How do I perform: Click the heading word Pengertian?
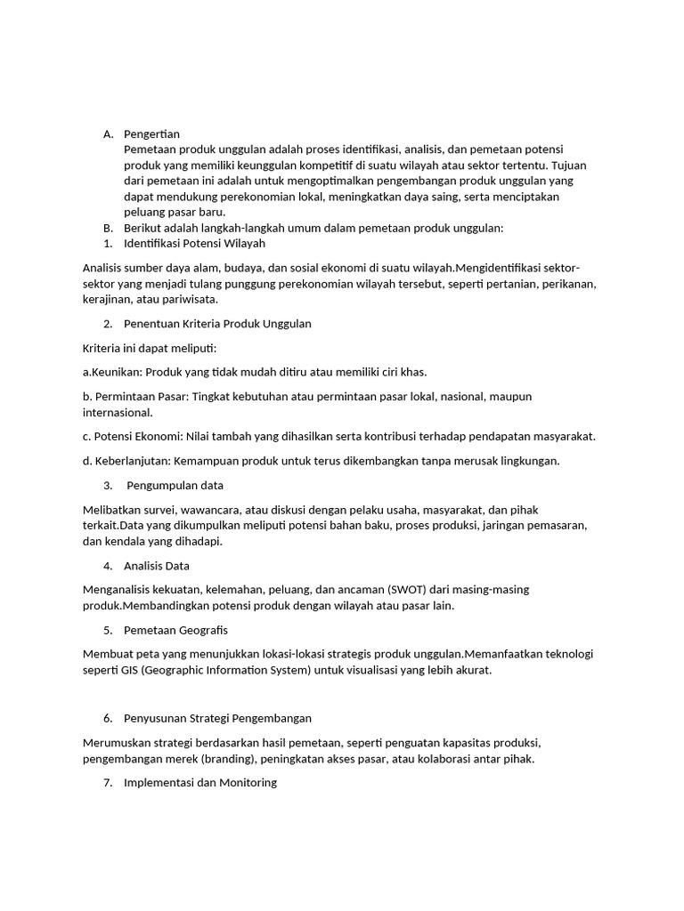coord(151,134)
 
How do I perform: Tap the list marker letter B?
coord(107,228)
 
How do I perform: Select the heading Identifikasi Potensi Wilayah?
coord(194,243)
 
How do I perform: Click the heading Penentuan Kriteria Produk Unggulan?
coord(217,324)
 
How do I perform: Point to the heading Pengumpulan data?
coord(175,486)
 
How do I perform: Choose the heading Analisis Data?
coord(157,566)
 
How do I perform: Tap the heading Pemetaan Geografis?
coord(175,631)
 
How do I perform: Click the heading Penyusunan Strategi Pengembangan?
coord(217,718)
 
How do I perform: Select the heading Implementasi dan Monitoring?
coord(200,783)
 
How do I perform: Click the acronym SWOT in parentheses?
coord(403,590)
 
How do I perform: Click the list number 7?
coord(107,783)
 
